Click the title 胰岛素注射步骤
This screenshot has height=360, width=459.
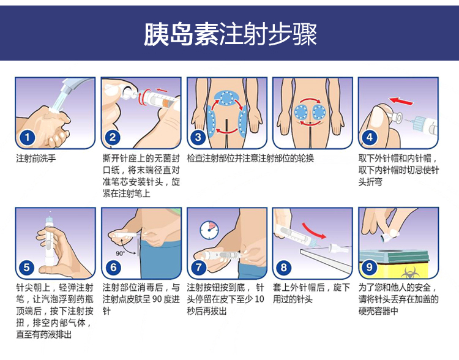click(x=230, y=34)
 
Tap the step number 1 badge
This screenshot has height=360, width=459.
click(x=27, y=137)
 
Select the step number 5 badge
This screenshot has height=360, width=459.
click(x=27, y=268)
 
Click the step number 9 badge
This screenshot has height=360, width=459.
click(x=370, y=267)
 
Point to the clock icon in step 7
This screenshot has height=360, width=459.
click(x=209, y=230)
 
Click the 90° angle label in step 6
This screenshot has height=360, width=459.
click(x=120, y=253)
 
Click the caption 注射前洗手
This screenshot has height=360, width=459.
click(x=36, y=159)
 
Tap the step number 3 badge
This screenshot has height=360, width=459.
click(x=198, y=137)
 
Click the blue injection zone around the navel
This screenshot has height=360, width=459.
click(x=226, y=98)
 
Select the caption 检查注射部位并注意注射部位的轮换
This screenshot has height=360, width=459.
click(x=250, y=159)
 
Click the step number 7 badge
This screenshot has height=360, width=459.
click(x=198, y=267)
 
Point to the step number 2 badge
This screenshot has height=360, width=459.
click(x=113, y=137)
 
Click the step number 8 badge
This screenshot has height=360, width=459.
click(x=283, y=268)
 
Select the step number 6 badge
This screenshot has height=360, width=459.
click(x=113, y=268)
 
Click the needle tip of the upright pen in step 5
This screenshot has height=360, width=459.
click(x=50, y=212)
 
